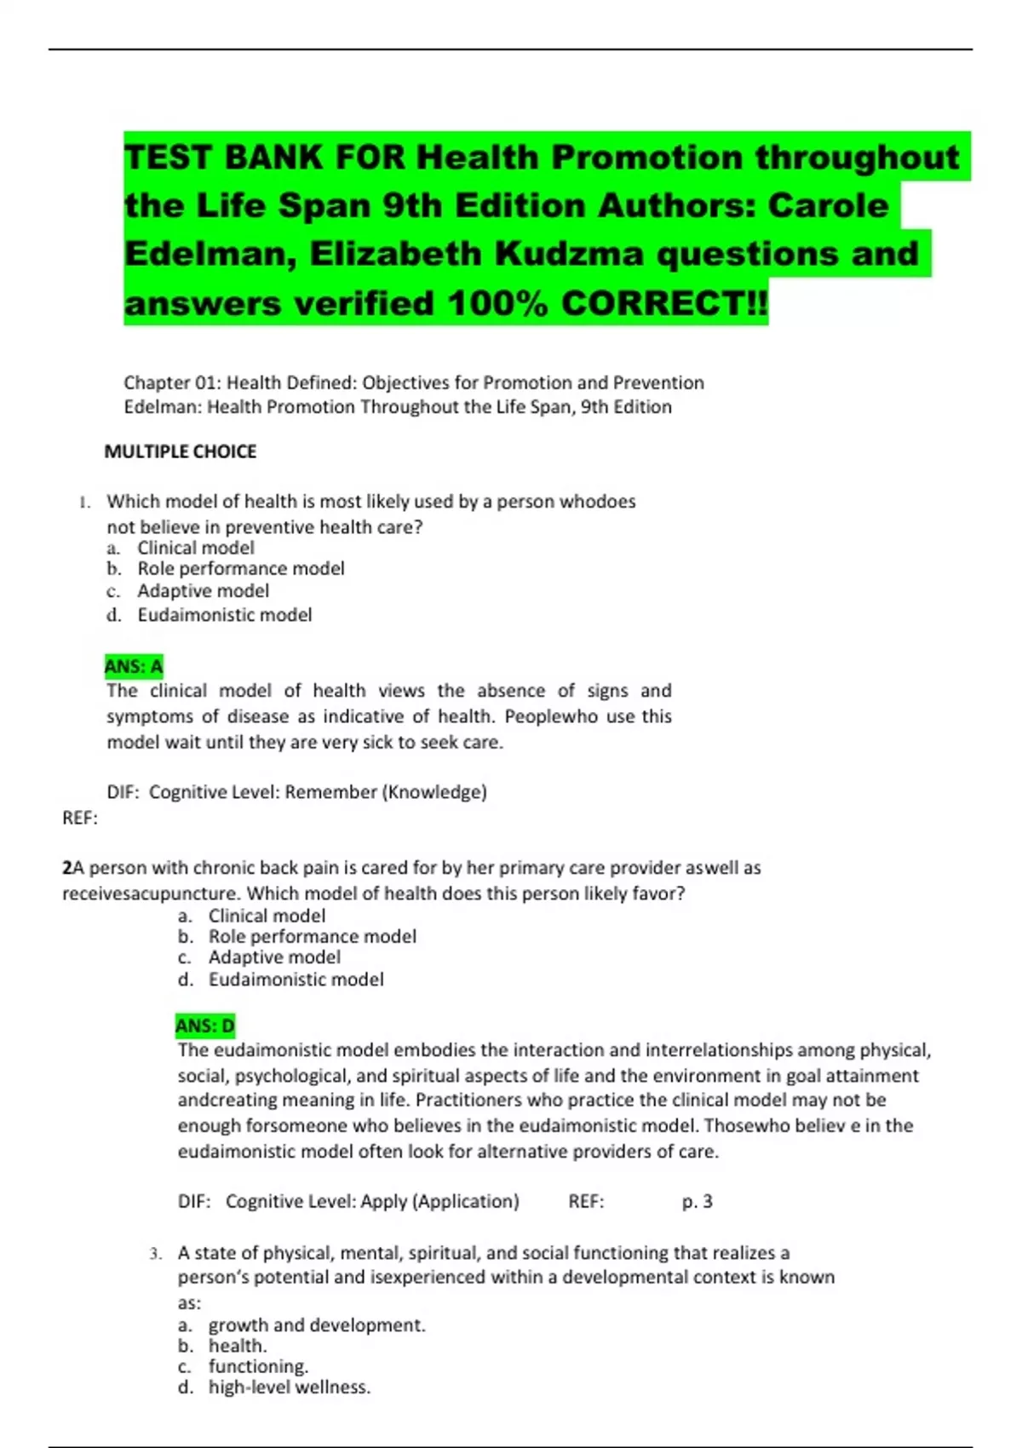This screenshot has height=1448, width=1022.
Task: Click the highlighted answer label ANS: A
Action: click(134, 666)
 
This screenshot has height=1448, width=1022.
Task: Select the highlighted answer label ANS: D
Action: click(204, 1026)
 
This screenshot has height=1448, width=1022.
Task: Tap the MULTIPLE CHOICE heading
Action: click(180, 451)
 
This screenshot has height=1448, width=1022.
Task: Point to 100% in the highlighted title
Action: click(497, 303)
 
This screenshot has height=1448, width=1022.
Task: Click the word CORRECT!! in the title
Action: click(664, 303)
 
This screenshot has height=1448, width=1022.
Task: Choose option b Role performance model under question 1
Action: click(240, 568)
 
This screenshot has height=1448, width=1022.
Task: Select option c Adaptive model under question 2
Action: click(273, 957)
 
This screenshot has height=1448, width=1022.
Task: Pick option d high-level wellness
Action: click(289, 1388)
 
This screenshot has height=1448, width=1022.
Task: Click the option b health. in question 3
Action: click(237, 1346)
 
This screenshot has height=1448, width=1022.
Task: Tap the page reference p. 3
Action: click(697, 1202)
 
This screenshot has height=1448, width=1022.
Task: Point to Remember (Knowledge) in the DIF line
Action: click(385, 792)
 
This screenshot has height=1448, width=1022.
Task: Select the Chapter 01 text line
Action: click(414, 383)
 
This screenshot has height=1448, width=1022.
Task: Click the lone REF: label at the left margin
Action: click(80, 819)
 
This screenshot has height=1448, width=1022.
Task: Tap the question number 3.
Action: click(154, 1254)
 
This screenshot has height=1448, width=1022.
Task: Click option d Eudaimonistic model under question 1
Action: click(224, 615)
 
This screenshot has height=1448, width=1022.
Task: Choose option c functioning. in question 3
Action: click(258, 1366)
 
